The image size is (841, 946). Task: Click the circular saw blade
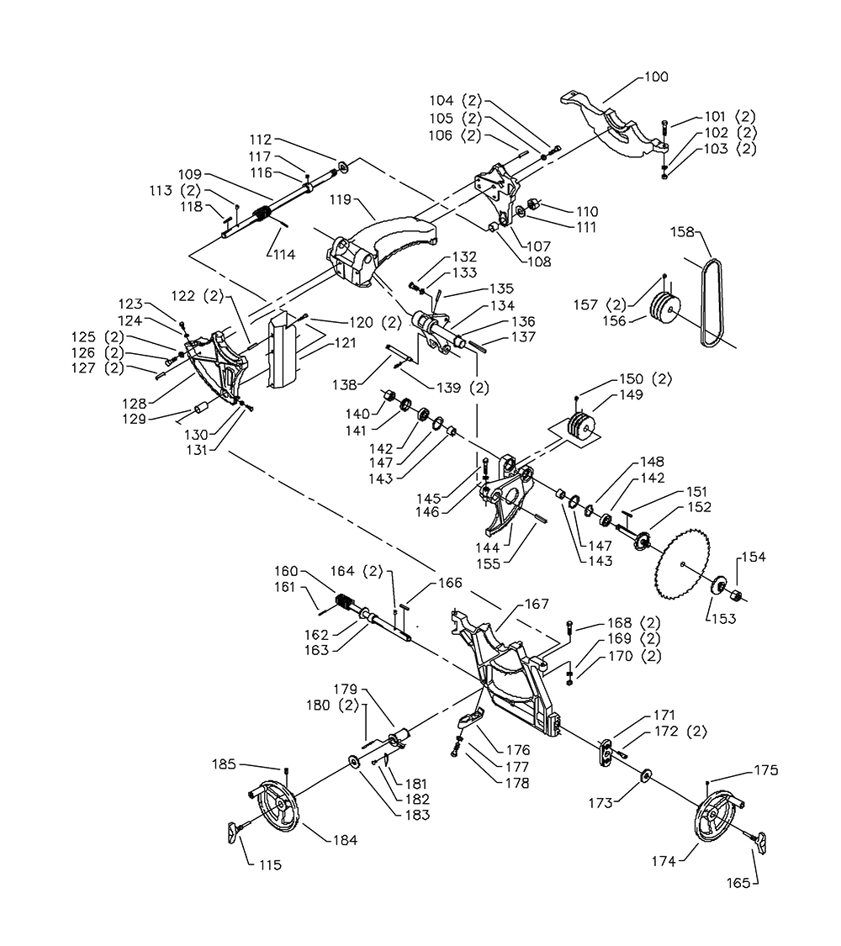pos(682,565)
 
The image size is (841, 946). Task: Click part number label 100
pos(656,77)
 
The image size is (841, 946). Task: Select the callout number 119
pos(341,199)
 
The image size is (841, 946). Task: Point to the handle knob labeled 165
pos(762,843)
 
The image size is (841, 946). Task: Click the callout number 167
pos(537,604)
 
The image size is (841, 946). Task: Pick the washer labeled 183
pos(352,761)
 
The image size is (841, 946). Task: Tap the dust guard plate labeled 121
pos(283,349)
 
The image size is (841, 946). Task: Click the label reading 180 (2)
pos(332,705)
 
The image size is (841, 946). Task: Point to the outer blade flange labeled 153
pos(718,586)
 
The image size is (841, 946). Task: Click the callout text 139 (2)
pos(463,388)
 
